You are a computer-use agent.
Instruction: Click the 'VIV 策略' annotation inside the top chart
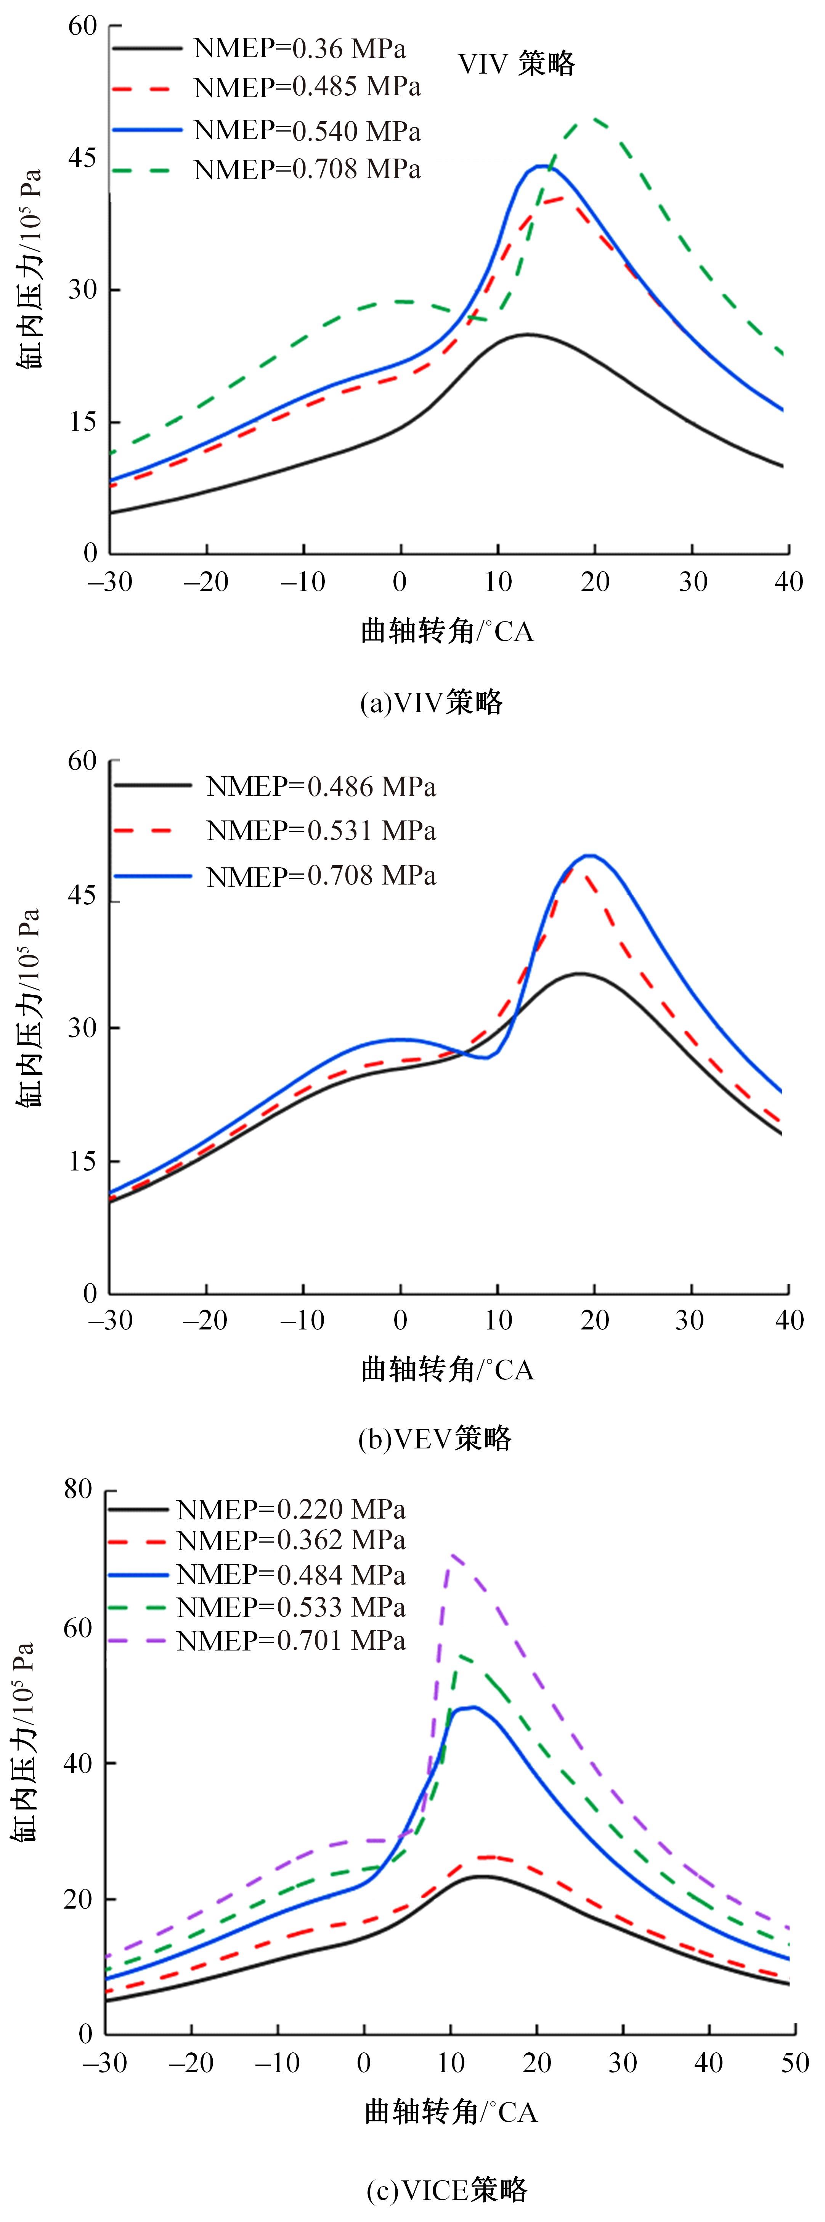[x=516, y=64]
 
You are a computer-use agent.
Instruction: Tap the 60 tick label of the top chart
[x=83, y=26]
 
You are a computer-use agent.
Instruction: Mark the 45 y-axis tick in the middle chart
[x=83, y=897]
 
